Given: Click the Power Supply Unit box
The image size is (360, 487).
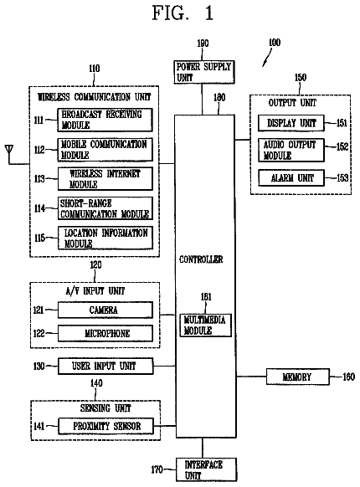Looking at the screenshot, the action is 204,72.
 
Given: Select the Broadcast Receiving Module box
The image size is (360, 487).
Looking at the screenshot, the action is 105,120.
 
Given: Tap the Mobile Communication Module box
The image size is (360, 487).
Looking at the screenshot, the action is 105,150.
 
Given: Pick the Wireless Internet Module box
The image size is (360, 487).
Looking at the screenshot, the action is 105,179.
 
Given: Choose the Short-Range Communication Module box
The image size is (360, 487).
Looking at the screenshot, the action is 105,208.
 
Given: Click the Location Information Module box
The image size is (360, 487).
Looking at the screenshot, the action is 105,238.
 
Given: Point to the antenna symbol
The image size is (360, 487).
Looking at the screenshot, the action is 9,150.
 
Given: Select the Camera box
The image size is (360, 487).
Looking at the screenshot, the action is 105,310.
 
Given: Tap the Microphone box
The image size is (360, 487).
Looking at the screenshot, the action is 105,334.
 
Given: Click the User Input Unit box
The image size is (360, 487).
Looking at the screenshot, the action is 105,367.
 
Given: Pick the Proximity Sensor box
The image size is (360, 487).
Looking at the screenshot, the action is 106,426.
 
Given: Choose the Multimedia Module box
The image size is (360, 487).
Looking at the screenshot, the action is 206,326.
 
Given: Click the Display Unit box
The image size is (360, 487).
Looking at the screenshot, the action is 291,123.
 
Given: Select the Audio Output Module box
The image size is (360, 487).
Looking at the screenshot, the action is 291,151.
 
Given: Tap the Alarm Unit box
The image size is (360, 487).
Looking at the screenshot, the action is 291,178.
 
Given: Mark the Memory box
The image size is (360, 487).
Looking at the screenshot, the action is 298,377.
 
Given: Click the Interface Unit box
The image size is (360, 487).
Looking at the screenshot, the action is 207,470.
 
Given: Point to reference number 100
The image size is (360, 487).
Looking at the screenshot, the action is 275,43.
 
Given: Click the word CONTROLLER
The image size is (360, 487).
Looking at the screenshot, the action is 201,259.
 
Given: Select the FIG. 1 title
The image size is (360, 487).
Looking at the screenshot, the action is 183,13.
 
